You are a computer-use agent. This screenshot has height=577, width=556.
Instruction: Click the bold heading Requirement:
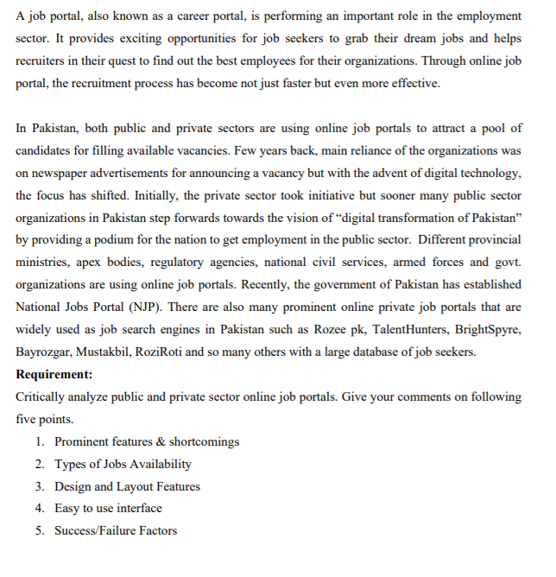pos(54,375)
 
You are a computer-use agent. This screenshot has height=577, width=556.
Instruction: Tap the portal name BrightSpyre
pos(489,330)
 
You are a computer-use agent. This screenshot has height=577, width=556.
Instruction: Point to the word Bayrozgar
pos(43,352)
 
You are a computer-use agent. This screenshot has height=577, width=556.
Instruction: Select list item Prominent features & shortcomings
pos(147,441)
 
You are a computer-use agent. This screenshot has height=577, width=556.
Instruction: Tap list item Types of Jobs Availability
pos(123,464)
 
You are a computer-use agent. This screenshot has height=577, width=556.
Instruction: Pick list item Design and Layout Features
pos(127,486)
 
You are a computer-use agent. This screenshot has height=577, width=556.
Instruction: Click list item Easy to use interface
pos(108,508)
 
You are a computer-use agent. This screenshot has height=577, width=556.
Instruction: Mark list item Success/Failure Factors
pos(116,530)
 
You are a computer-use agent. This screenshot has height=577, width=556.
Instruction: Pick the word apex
pos(88,263)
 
